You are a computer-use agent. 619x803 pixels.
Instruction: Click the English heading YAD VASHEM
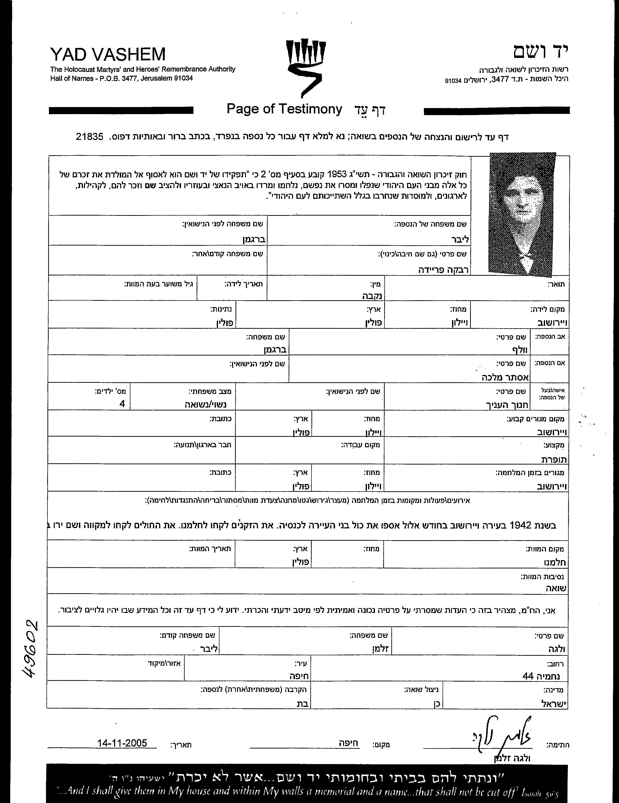[x=108, y=55]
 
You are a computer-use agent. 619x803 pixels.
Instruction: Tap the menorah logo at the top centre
[x=306, y=68]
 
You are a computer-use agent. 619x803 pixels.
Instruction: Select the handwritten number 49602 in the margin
[x=30, y=649]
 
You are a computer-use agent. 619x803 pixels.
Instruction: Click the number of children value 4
[x=122, y=404]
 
